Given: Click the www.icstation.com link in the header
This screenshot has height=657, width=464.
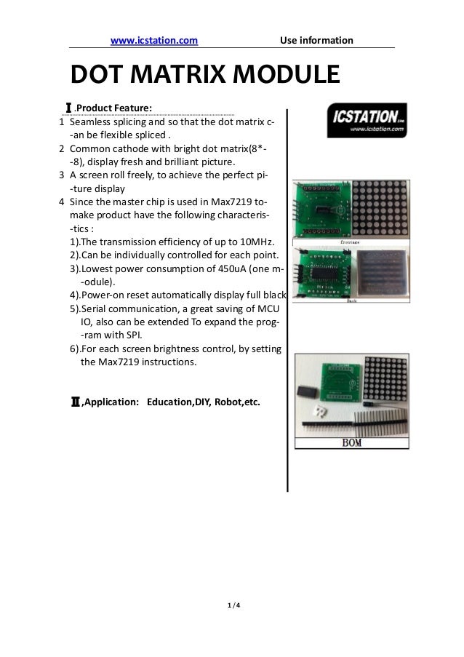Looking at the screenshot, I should [153, 40].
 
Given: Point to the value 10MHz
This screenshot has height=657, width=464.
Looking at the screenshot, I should [255, 241].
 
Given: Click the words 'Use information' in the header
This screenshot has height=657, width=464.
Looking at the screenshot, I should [316, 40].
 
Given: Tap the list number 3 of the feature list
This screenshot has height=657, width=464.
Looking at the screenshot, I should [62, 175].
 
